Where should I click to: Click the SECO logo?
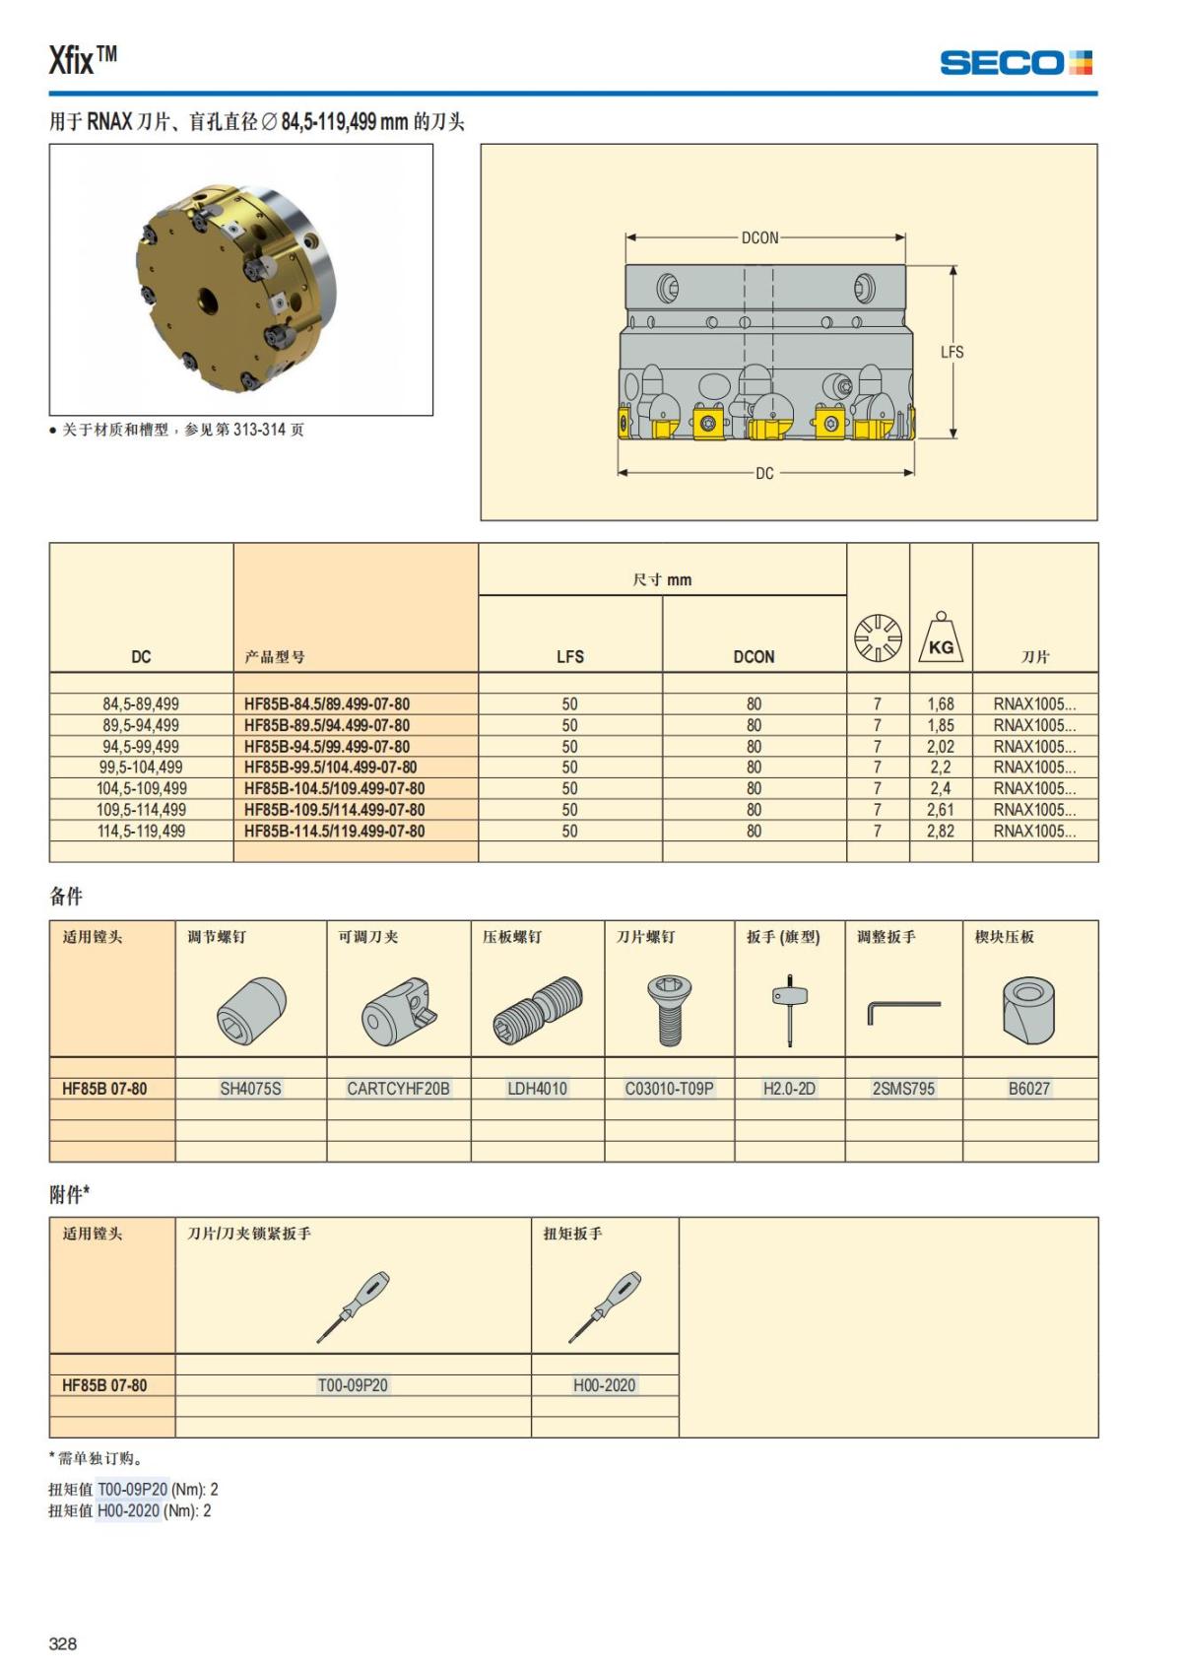(1016, 63)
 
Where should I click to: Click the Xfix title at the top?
(83, 60)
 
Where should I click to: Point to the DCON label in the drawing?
(759, 237)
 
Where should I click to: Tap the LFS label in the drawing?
(952, 352)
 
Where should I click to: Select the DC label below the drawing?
(764, 473)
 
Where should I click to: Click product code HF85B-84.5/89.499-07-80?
(327, 704)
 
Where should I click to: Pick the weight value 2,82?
(940, 832)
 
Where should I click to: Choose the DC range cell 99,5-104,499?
(141, 768)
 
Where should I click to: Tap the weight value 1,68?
(940, 704)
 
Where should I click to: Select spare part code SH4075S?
(250, 1089)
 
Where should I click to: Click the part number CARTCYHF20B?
(398, 1089)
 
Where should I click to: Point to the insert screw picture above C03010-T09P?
(669, 1010)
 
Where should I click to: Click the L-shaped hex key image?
(903, 1011)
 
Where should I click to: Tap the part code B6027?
(1028, 1089)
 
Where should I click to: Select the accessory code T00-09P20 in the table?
(353, 1385)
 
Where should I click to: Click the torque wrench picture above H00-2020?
(604, 1305)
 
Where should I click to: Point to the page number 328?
(63, 1643)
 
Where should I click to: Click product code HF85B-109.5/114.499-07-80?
(335, 810)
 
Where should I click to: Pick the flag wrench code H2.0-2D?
(789, 1089)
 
